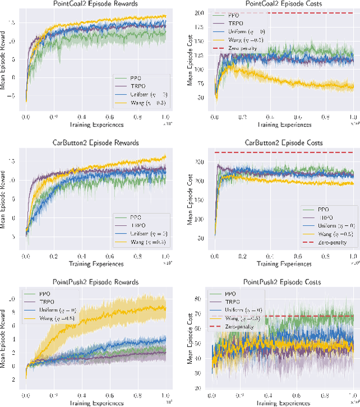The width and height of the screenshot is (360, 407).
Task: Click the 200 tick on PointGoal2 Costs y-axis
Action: coord(199,12)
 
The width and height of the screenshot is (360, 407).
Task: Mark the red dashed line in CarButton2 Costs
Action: coord(281,152)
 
